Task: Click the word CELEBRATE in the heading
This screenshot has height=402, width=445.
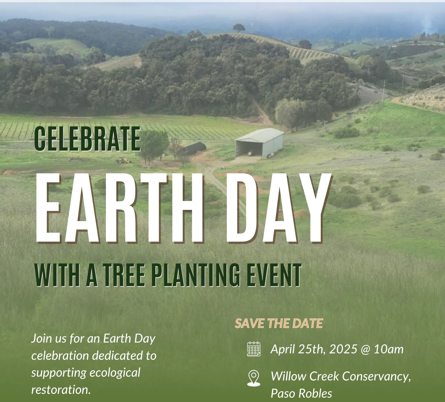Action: click(x=87, y=139)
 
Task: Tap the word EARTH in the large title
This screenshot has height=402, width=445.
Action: click(x=119, y=208)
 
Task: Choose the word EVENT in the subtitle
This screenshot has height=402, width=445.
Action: click(x=274, y=275)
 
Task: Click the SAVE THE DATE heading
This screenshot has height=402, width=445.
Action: click(x=279, y=323)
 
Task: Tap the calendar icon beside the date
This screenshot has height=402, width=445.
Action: click(x=254, y=349)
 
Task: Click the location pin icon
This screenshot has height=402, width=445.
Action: click(x=254, y=378)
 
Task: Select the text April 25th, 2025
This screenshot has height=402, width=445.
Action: click(x=314, y=349)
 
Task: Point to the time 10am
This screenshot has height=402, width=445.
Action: click(x=389, y=349)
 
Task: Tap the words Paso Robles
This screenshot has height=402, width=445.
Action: click(x=301, y=394)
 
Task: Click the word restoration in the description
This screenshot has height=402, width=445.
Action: click(x=61, y=390)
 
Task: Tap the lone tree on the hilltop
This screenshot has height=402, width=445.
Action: click(x=239, y=28)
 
